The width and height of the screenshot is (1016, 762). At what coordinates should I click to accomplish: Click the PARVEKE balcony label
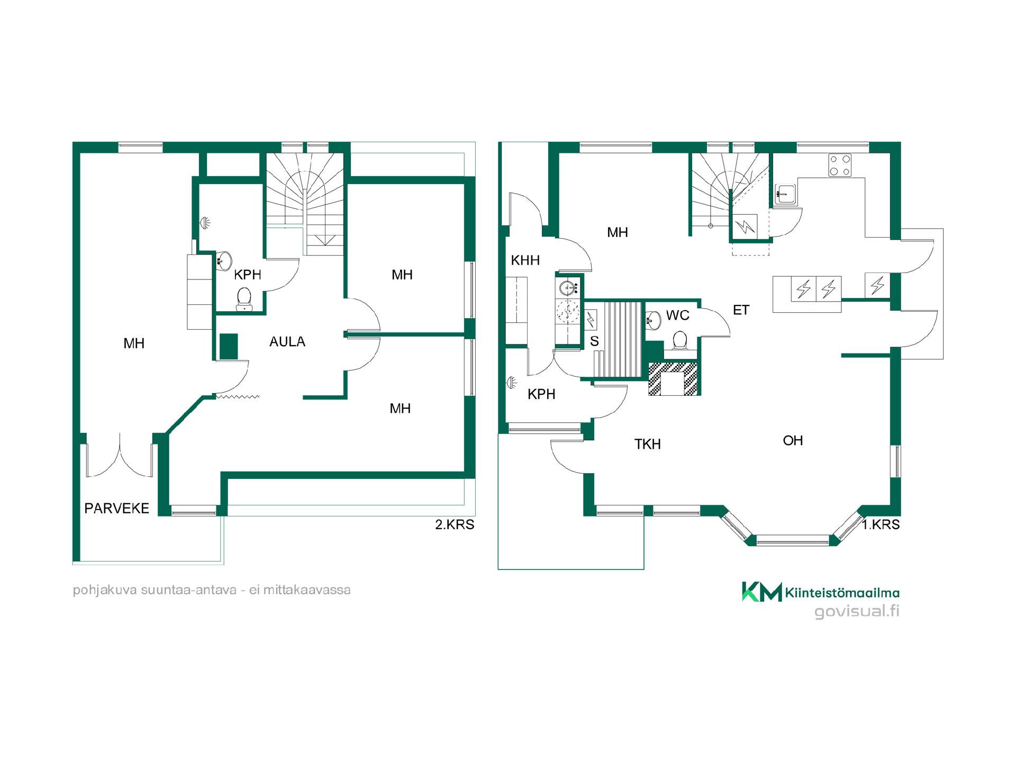[x=117, y=509]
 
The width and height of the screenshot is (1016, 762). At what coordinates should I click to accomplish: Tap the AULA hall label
[x=287, y=342]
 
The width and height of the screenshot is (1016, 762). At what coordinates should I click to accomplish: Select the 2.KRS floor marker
[x=455, y=524]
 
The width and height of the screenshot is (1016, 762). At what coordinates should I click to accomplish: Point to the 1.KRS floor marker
[x=881, y=524]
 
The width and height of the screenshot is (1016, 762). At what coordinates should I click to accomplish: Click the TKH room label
[x=648, y=444]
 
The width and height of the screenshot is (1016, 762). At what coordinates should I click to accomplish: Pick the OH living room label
[x=793, y=440]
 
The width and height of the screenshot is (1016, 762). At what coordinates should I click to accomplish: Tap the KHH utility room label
[x=525, y=260]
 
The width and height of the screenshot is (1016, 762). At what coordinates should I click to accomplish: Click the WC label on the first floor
[x=678, y=315]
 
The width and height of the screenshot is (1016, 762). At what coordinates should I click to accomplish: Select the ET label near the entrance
[x=741, y=310]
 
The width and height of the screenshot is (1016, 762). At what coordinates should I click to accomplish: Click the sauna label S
[x=594, y=341]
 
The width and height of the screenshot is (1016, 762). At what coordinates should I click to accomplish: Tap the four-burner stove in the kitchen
[x=840, y=165]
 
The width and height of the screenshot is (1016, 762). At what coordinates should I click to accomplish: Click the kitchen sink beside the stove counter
[x=785, y=194]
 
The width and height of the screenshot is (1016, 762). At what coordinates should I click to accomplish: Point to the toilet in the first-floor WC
[x=680, y=341]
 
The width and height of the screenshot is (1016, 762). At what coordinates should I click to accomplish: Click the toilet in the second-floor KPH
[x=244, y=299]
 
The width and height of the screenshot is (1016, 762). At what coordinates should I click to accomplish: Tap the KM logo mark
[x=761, y=592]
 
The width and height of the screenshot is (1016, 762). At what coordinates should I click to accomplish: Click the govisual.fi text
[x=857, y=611]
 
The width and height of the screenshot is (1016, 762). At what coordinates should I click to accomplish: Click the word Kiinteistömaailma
[x=842, y=593]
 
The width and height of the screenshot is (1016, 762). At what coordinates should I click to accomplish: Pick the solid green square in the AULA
[x=229, y=347]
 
